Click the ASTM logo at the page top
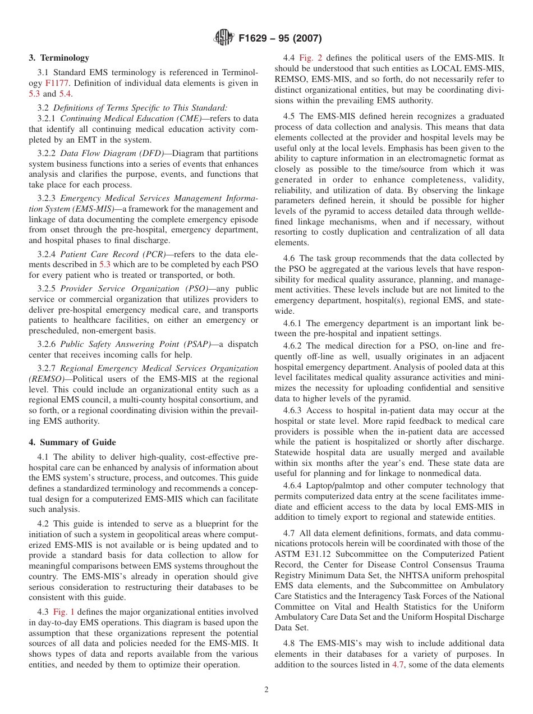point(224,38)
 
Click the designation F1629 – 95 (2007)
point(280,39)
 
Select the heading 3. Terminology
point(59,58)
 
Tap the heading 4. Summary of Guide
point(72,442)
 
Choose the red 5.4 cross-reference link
point(65,94)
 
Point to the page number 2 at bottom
point(266,690)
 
